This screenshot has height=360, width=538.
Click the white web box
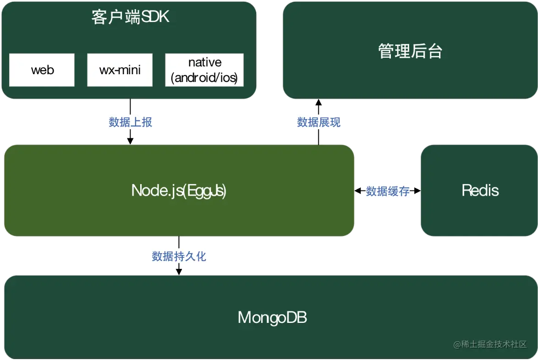(42, 70)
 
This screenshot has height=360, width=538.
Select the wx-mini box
(120, 70)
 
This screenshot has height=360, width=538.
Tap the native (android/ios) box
(204, 70)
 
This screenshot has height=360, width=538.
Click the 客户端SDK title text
(131, 17)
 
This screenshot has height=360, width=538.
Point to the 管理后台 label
(410, 51)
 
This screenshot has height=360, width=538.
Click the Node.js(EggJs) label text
(179, 191)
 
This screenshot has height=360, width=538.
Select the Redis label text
(480, 190)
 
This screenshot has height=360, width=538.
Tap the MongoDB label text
(272, 317)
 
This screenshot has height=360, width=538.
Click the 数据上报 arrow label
(131, 122)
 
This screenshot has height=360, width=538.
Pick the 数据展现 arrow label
(318, 122)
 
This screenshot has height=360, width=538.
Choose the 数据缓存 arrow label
(388, 191)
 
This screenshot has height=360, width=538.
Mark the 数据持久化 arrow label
(179, 256)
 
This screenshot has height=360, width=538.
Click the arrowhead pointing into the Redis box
(417, 191)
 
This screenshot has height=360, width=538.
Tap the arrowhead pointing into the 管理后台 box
(318, 103)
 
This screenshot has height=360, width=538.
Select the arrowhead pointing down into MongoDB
(179, 272)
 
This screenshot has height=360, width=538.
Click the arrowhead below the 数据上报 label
(131, 141)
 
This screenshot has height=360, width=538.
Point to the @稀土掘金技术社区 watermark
(490, 344)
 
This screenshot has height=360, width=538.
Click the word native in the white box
(205, 62)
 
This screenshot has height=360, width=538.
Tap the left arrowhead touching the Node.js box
(358, 191)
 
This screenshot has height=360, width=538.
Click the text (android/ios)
(204, 78)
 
